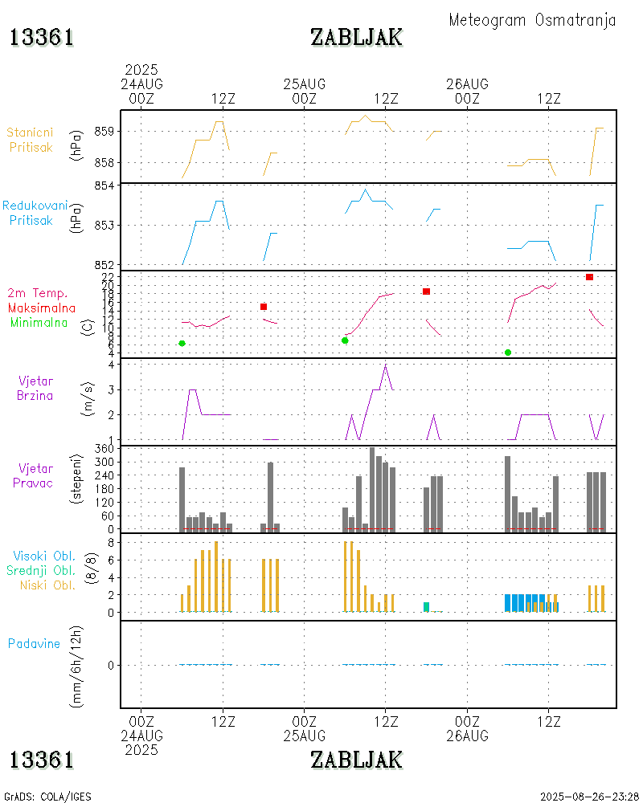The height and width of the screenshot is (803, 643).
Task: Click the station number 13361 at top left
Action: click(42, 38)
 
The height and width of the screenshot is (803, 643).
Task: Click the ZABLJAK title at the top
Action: click(356, 38)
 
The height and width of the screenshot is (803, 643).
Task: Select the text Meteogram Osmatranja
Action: click(532, 20)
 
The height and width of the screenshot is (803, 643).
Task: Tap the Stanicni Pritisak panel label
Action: click(31, 139)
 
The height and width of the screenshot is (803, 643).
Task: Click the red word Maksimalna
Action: click(42, 308)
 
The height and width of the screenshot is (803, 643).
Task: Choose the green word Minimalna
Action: click(39, 322)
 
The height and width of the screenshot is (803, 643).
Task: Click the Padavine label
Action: click(34, 643)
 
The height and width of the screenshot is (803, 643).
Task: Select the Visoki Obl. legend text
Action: click(43, 556)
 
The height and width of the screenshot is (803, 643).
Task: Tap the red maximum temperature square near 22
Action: click(589, 277)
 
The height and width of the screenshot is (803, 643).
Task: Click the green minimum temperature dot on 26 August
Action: click(508, 353)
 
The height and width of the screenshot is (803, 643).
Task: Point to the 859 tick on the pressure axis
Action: click(106, 131)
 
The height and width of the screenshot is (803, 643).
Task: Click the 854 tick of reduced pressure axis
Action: click(106, 185)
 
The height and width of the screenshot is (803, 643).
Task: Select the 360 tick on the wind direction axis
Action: click(106, 447)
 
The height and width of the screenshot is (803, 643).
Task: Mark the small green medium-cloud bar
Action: click(426, 606)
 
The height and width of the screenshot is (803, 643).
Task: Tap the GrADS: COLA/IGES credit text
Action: click(47, 797)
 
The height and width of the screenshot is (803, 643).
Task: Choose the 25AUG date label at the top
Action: click(305, 84)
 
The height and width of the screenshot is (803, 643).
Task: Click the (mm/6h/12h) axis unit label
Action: click(77, 665)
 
